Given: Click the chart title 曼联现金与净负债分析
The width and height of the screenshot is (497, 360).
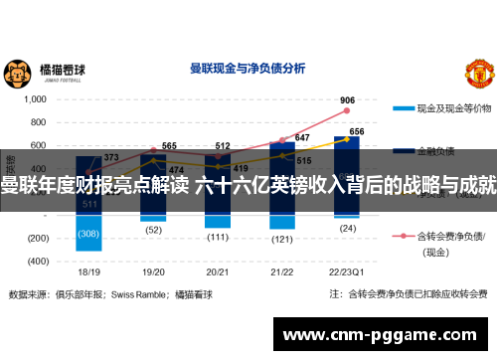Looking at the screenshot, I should (x=248, y=71).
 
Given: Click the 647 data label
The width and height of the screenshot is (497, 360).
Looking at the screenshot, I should (x=302, y=138).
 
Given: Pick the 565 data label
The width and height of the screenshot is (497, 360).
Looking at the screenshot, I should (x=169, y=146).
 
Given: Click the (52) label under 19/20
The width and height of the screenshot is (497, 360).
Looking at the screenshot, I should (x=154, y=231).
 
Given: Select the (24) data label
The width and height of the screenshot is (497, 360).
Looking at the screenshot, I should (x=347, y=228).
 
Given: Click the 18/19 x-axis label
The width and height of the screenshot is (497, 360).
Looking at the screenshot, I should (x=89, y=270).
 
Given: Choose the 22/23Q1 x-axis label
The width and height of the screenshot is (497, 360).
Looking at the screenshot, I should (x=347, y=270).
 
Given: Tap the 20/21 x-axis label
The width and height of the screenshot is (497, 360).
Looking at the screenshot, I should (x=218, y=270).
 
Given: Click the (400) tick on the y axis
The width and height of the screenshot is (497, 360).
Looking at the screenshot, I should (x=38, y=261).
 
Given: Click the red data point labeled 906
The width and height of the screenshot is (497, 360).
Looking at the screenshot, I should (x=347, y=111).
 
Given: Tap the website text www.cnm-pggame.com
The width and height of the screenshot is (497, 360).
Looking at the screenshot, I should (x=384, y=335).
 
